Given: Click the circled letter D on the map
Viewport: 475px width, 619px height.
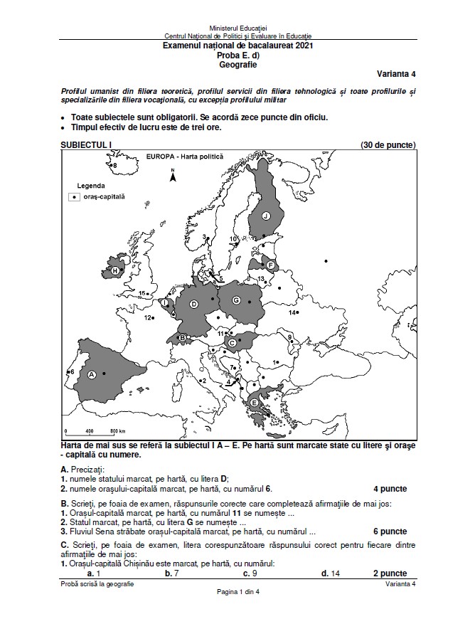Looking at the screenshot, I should click(193, 305).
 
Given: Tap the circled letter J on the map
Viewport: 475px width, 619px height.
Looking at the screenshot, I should click(266, 216).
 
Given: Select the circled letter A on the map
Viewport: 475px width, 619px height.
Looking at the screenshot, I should click(91, 373).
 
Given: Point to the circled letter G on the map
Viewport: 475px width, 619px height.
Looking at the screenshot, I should click(236, 301).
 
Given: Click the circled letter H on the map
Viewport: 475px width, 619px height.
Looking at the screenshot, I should click(114, 271).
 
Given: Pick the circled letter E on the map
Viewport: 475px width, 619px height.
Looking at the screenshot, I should click(255, 403).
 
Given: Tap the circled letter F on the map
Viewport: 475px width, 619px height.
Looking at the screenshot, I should click(271, 265).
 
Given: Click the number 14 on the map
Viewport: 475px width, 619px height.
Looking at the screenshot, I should click(292, 313).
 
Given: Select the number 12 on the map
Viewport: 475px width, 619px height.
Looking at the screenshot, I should click(149, 318).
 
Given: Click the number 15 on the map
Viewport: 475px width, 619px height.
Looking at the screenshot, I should click(142, 294).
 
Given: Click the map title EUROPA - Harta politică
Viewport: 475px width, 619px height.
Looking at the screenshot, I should click(184, 157).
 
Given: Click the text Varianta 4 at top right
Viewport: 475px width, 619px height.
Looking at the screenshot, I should click(396, 73).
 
